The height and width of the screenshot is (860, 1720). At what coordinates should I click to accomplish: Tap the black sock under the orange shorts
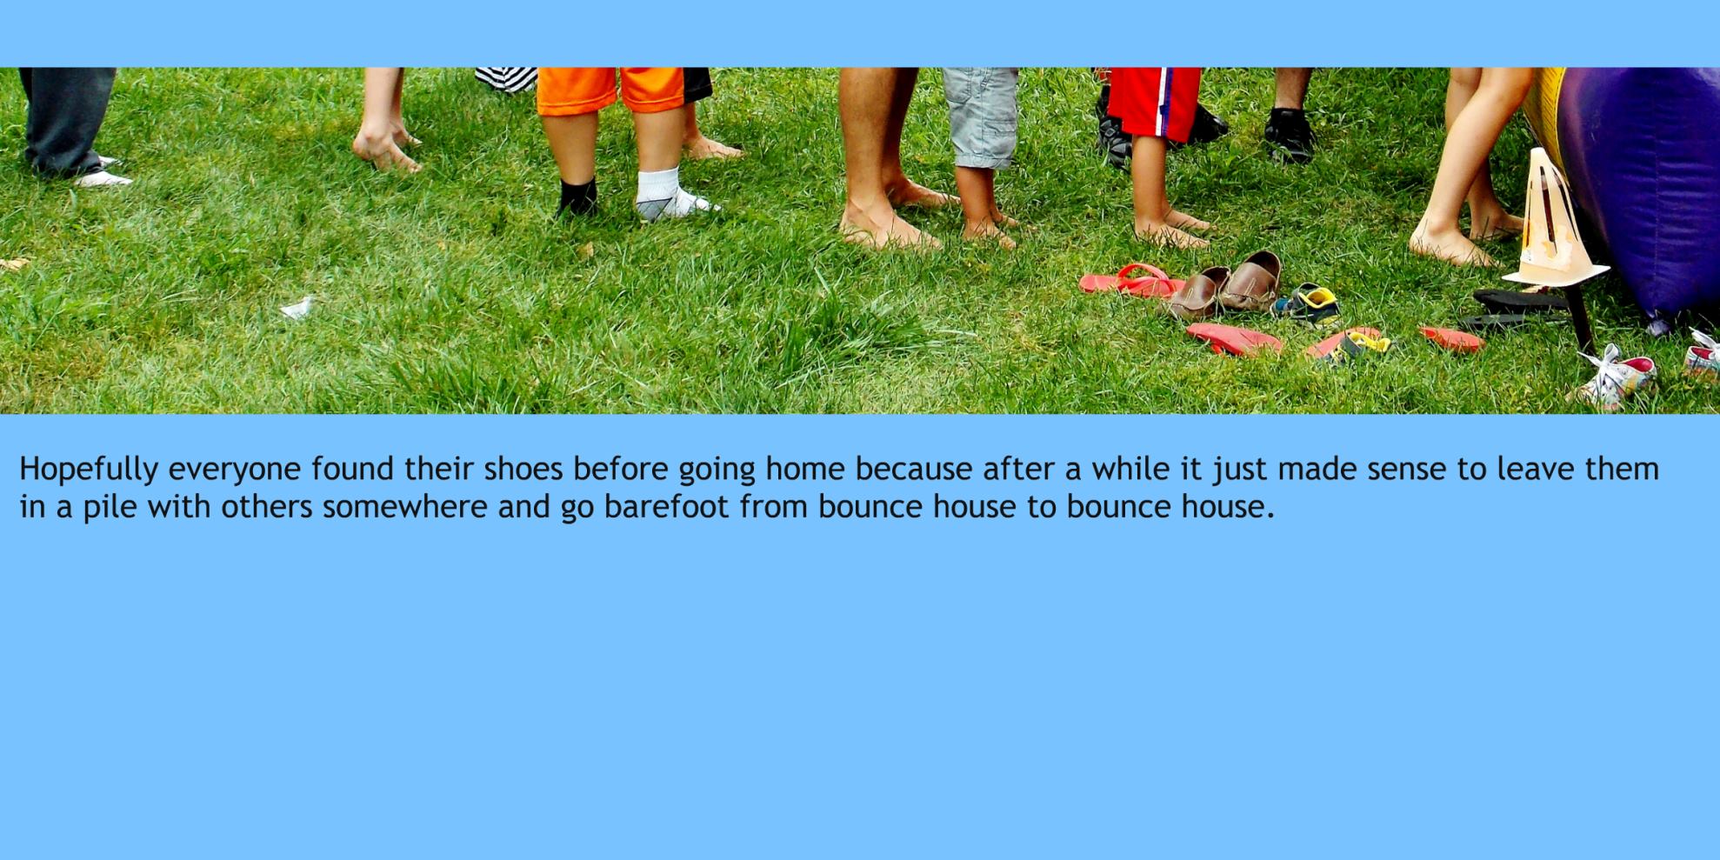click(578, 197)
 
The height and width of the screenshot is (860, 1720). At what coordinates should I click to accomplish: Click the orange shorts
click(610, 90)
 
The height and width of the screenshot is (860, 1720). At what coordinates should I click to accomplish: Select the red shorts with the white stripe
click(1153, 101)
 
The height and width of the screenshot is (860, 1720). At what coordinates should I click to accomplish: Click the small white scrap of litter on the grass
click(297, 307)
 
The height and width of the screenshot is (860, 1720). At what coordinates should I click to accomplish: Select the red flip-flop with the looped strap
click(1130, 280)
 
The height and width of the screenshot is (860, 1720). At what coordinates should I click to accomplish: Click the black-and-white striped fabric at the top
click(506, 78)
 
